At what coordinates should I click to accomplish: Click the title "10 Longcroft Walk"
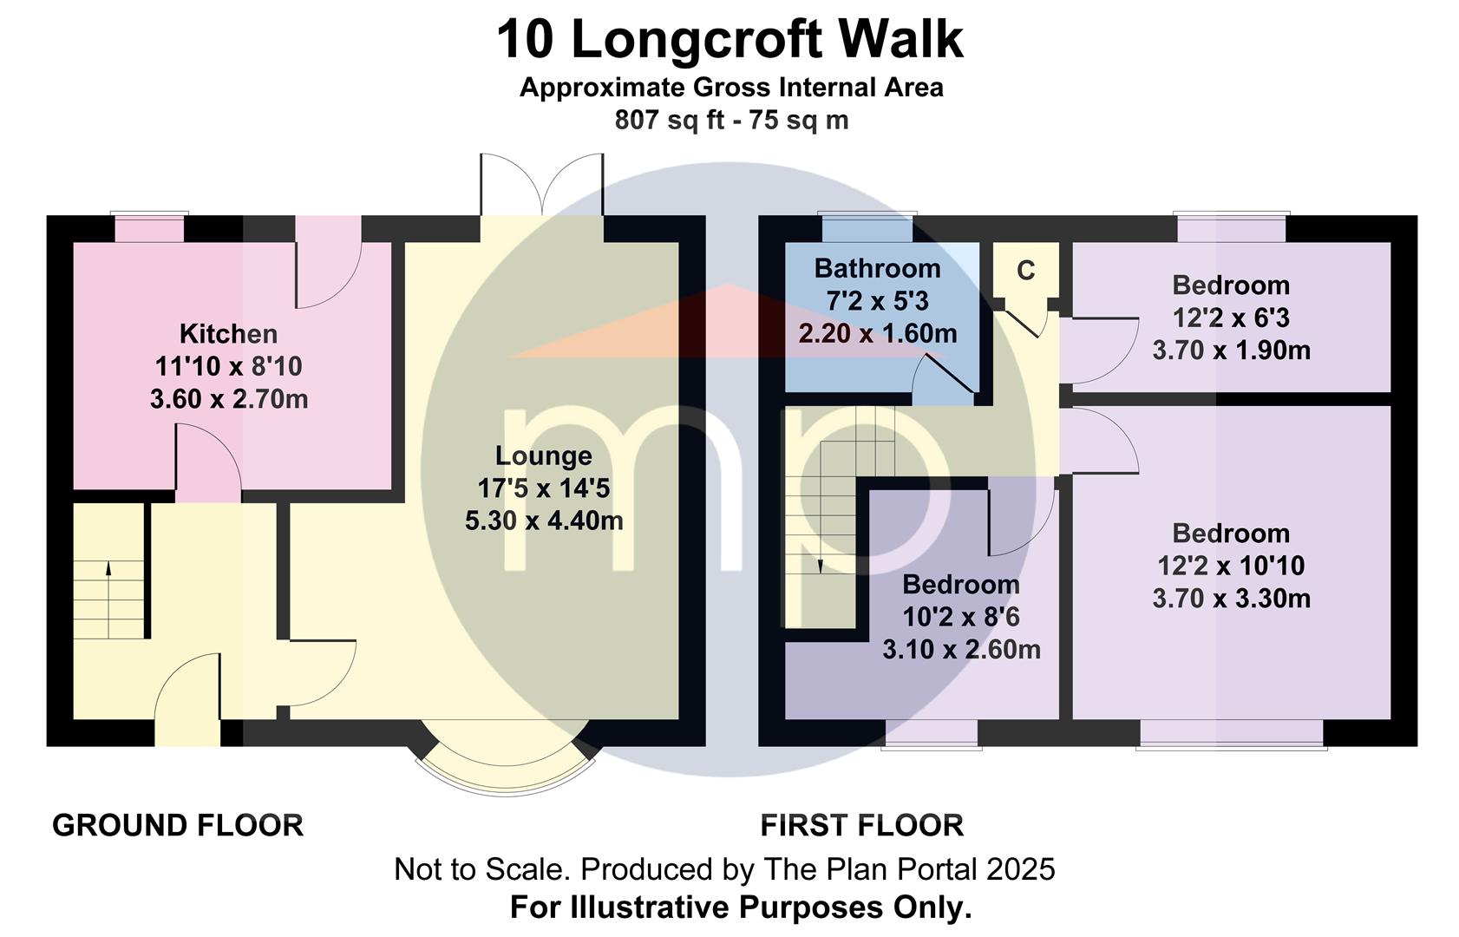(729, 39)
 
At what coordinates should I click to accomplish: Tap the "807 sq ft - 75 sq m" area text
(731, 120)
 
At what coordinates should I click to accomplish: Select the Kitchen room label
(229, 334)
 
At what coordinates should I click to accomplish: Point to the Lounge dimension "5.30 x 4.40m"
(544, 521)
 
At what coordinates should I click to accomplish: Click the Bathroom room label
(877, 268)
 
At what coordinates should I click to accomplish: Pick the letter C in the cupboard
(1026, 270)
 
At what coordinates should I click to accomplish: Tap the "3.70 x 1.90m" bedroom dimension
(1231, 351)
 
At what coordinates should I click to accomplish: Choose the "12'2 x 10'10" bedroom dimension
(1231, 566)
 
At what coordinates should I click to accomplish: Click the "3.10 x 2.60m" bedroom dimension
(961, 649)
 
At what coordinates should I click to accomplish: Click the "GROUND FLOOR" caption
(178, 826)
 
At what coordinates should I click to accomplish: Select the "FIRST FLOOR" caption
(861, 826)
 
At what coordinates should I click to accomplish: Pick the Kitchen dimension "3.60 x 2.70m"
(229, 399)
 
